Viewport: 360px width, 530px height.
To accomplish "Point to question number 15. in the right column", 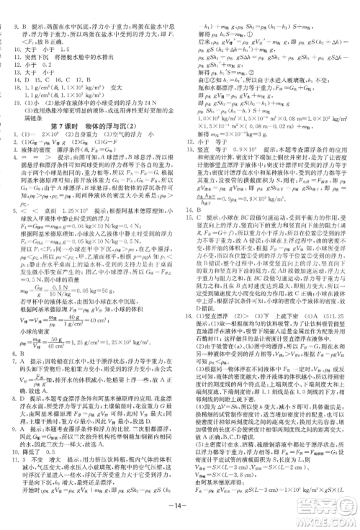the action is [x=192, y=215].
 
